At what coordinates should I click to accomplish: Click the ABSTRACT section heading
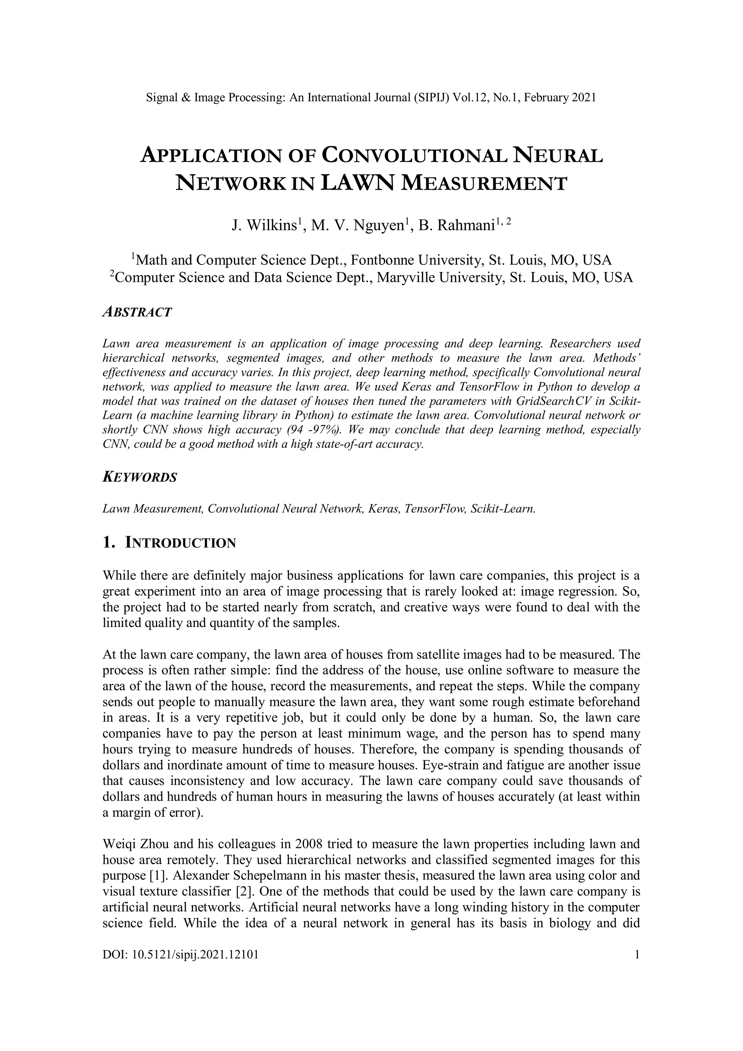pyautogui.click(x=137, y=312)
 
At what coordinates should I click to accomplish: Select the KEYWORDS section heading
pyautogui.click(x=140, y=477)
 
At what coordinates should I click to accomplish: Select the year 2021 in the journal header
pyautogui.click(x=584, y=98)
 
